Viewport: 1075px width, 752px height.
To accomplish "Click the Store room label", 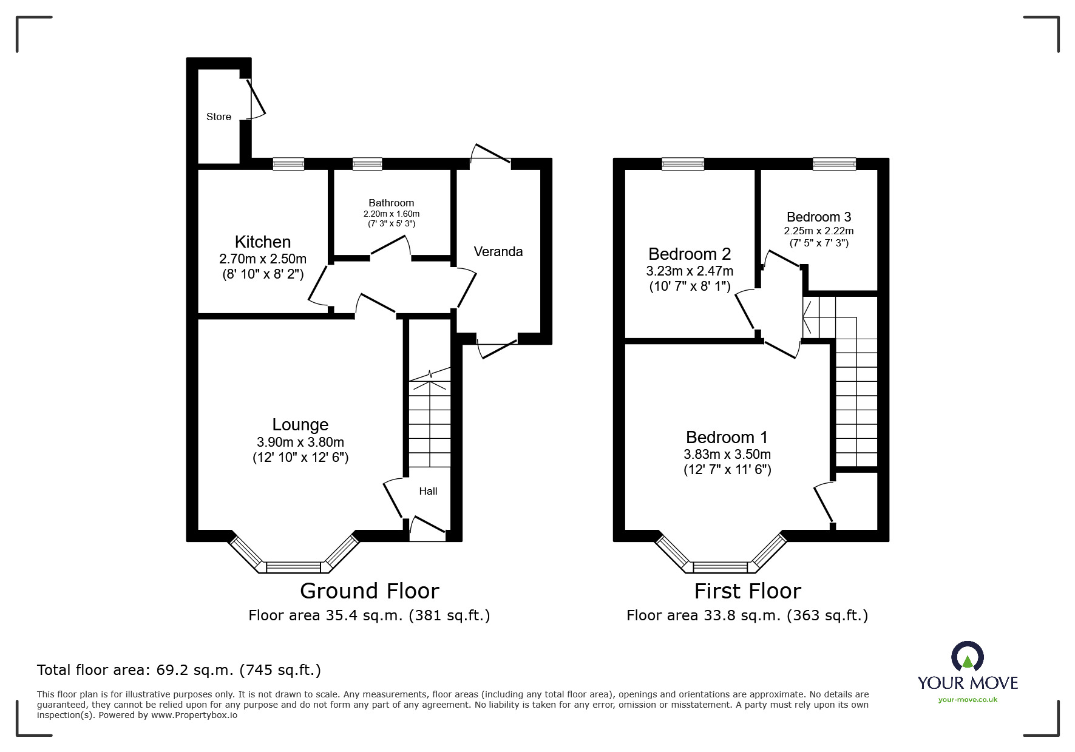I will tap(219, 117).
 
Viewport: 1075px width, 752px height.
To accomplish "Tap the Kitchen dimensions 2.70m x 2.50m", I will tap(263, 259).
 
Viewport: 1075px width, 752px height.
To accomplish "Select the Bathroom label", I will tap(391, 203).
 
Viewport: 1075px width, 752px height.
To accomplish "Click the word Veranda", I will tap(498, 251).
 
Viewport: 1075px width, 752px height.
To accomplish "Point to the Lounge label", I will tap(300, 424).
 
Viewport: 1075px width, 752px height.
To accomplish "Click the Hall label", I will tap(428, 491).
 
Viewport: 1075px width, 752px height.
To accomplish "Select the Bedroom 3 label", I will tap(818, 217).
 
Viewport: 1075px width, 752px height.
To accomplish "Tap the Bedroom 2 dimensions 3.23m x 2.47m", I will tap(690, 271).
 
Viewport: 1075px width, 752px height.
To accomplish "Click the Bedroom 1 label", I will tap(727, 437).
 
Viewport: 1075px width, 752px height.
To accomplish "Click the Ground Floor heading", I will tap(369, 591).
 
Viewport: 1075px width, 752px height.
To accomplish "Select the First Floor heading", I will tap(747, 591).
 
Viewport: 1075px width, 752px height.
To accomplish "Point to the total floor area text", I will tap(179, 670).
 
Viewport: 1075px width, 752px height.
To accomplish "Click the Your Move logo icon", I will tap(967, 657).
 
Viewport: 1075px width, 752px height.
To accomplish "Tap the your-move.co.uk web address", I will tap(968, 700).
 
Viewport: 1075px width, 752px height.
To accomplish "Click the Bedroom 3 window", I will tap(834, 164).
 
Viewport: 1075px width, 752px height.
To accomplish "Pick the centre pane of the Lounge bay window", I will tap(293, 567).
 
